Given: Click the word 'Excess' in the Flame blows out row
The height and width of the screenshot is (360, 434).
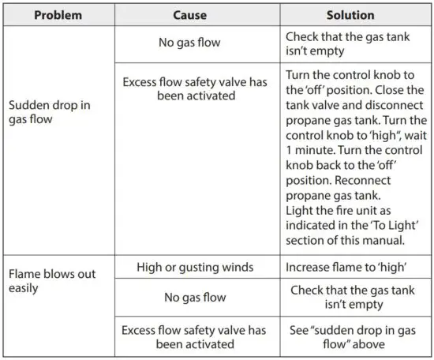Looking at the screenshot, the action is [x=141, y=328].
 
